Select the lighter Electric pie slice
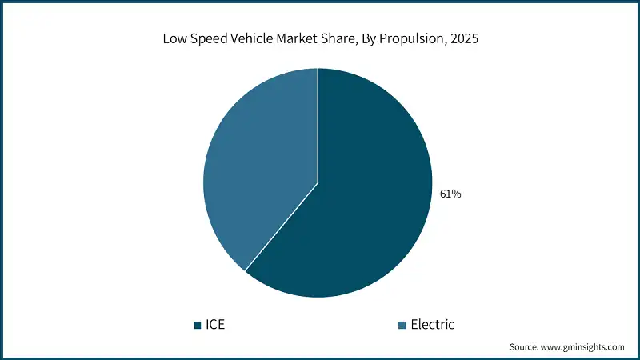pyautogui.click(x=256, y=168)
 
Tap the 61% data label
pyautogui.click(x=450, y=194)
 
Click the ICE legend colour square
pyautogui.click(x=198, y=325)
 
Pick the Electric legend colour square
pyautogui.click(x=402, y=325)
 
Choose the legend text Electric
pyautogui.click(x=432, y=325)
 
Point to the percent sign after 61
pyautogui.click(x=456, y=194)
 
